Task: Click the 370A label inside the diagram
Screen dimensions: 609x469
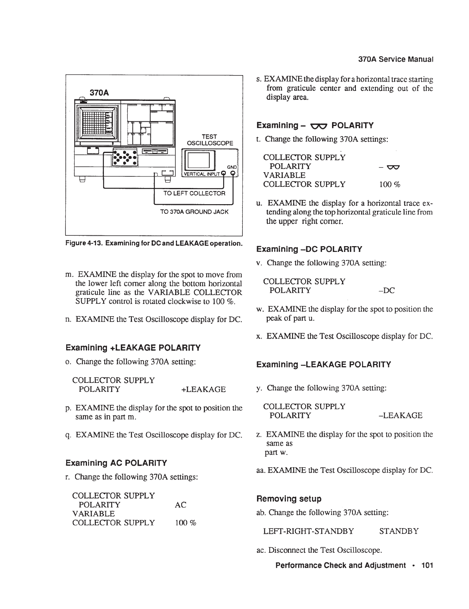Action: pyautogui.click(x=99, y=92)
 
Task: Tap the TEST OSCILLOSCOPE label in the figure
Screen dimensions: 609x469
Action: pyautogui.click(x=210, y=140)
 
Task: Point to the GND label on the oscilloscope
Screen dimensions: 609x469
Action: pyautogui.click(x=232, y=167)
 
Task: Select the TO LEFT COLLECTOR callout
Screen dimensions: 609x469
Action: pyautogui.click(x=194, y=193)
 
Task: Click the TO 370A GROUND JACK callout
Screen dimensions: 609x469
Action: pyautogui.click(x=194, y=211)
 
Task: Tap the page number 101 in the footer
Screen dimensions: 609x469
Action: pyautogui.click(x=427, y=565)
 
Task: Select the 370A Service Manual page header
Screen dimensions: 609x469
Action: pyautogui.click(x=396, y=60)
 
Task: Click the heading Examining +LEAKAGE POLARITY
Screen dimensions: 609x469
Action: pyautogui.click(x=133, y=348)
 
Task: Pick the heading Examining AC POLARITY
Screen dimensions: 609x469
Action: pyautogui.click(x=116, y=462)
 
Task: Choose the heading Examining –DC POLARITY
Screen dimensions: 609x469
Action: pyautogui.click(x=309, y=249)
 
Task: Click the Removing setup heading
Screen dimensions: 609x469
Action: pyautogui.click(x=289, y=499)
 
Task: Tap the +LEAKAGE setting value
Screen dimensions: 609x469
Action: pyautogui.click(x=203, y=389)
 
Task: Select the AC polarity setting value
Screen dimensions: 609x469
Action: pyautogui.click(x=180, y=505)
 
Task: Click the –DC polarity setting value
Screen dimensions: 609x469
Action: pyautogui.click(x=387, y=290)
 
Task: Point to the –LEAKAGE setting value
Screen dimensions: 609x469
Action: pyautogui.click(x=401, y=416)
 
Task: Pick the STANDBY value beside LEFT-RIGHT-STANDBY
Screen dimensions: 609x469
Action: pyautogui.click(x=399, y=531)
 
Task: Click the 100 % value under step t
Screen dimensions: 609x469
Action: pyautogui.click(x=390, y=185)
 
